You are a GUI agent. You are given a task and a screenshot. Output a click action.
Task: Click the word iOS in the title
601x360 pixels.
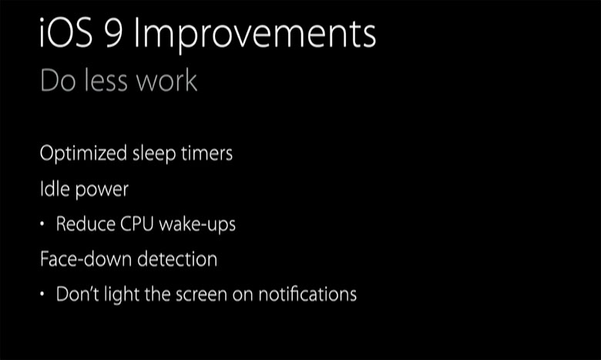tap(66, 32)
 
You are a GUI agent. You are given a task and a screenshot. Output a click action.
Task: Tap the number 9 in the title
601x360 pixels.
tap(114, 33)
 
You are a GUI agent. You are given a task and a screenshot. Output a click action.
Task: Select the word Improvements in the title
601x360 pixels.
tap(255, 35)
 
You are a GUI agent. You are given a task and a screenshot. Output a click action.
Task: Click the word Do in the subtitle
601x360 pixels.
tap(58, 80)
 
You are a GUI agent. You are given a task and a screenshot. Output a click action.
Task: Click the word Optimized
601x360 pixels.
tap(83, 153)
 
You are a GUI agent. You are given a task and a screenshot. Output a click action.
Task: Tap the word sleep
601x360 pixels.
tap(154, 153)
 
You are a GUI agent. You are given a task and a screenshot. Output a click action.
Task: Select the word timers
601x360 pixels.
tap(207, 153)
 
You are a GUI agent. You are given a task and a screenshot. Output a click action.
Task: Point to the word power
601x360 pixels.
tap(102, 190)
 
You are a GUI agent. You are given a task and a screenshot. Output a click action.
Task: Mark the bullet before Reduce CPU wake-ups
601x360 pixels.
tap(42, 224)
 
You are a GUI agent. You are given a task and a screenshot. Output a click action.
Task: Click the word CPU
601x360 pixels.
tap(137, 224)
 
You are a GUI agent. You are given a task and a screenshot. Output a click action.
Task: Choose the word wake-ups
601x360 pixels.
tap(197, 224)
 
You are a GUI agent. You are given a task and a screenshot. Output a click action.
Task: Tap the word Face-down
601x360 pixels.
tap(86, 259)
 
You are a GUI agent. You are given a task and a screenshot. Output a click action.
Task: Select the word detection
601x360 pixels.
tap(177, 259)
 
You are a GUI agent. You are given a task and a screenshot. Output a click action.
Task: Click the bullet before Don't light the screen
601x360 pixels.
tap(42, 294)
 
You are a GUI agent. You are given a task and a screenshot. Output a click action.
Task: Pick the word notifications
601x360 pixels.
tap(307, 294)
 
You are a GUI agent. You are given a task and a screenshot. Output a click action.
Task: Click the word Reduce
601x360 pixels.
tap(86, 224)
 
